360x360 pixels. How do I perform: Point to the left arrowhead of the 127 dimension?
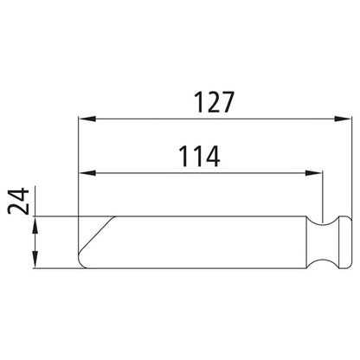point(83,119)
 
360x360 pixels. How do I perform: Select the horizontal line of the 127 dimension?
point(208,119)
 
